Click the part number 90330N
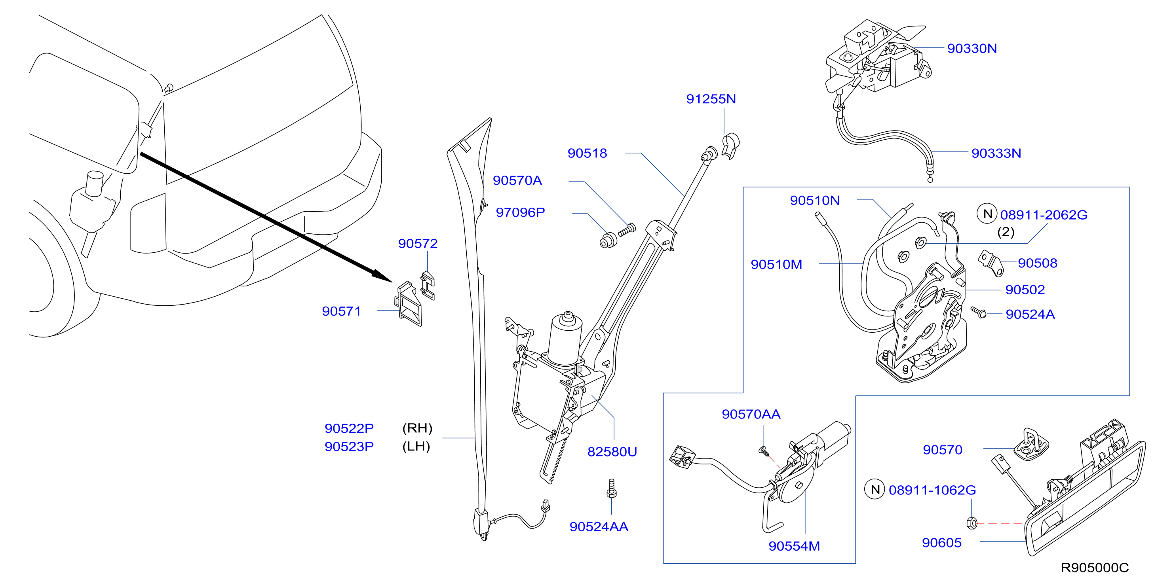click(x=972, y=48)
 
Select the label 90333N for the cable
click(x=996, y=153)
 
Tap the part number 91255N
click(x=711, y=99)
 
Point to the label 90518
click(x=587, y=153)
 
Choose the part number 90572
click(x=417, y=243)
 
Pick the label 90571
click(x=341, y=311)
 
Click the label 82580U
click(x=612, y=452)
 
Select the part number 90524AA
click(x=599, y=527)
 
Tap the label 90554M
click(x=794, y=546)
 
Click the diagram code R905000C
click(x=1094, y=568)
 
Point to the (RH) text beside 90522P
click(x=417, y=428)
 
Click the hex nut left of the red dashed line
click(x=972, y=523)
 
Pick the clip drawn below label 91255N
click(x=730, y=146)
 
